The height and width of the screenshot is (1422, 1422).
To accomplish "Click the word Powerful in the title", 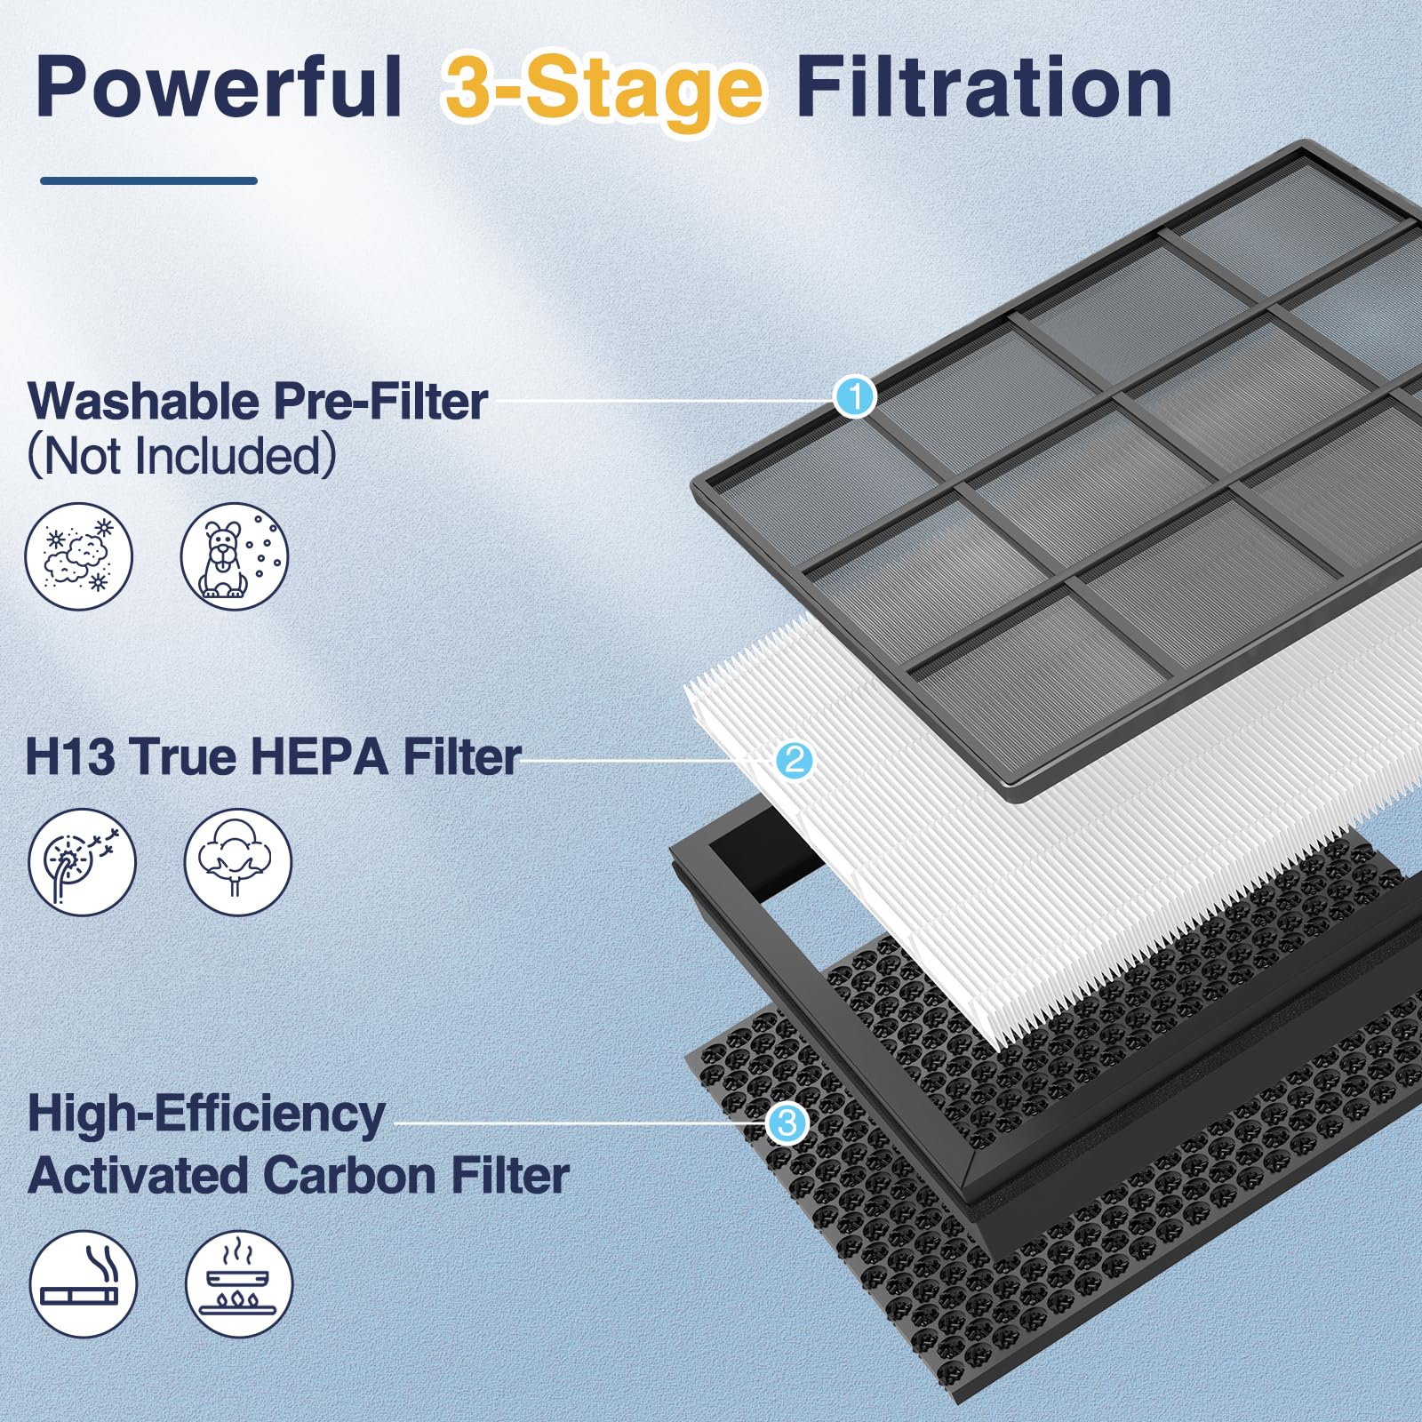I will click(x=218, y=87).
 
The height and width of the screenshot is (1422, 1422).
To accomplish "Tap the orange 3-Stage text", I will click(x=603, y=91).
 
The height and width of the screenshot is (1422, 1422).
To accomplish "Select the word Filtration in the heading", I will click(x=983, y=87).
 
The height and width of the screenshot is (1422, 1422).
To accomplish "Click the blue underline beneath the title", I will click(x=148, y=180).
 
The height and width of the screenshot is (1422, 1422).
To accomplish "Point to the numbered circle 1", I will click(x=855, y=396).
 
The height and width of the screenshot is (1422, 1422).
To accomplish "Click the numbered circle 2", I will click(x=794, y=760).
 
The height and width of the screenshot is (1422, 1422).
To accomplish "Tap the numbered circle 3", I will click(x=787, y=1123).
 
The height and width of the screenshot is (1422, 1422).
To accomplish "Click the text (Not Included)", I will click(x=182, y=456).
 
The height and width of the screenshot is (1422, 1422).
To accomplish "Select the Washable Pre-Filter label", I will click(x=258, y=401).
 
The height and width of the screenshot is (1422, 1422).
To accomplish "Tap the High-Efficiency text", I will click(x=206, y=1113).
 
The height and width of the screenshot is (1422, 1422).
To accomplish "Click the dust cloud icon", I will click(x=78, y=556).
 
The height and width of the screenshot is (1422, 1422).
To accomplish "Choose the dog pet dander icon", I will click(x=235, y=556).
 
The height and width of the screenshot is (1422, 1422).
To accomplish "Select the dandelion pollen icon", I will click(x=82, y=862).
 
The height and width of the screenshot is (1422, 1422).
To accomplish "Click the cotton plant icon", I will click(x=237, y=862).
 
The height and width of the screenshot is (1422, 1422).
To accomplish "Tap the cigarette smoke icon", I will click(x=83, y=1284).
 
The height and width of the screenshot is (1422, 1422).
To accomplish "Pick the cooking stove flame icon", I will click(x=238, y=1284).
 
